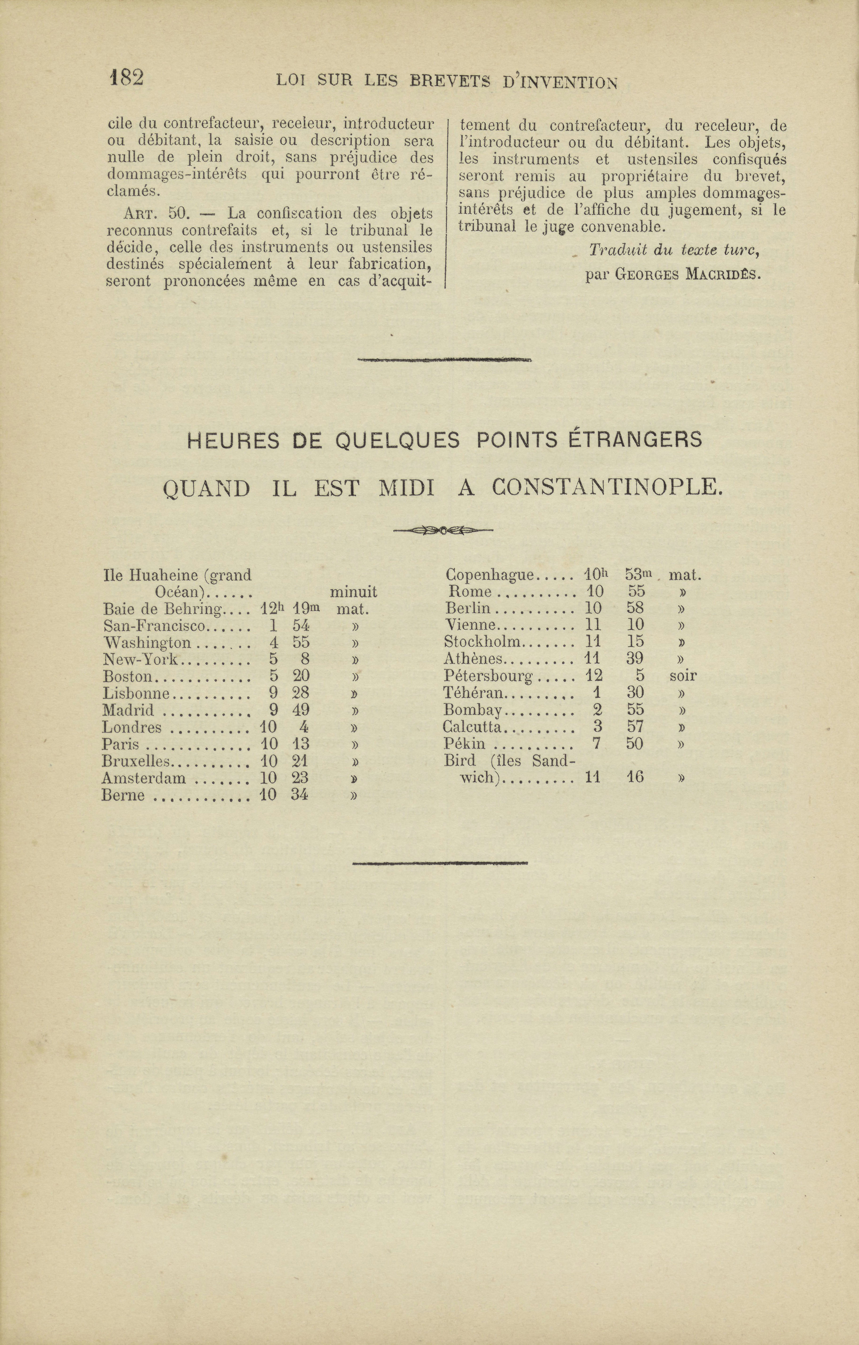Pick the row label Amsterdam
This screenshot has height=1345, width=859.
[x=144, y=778]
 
